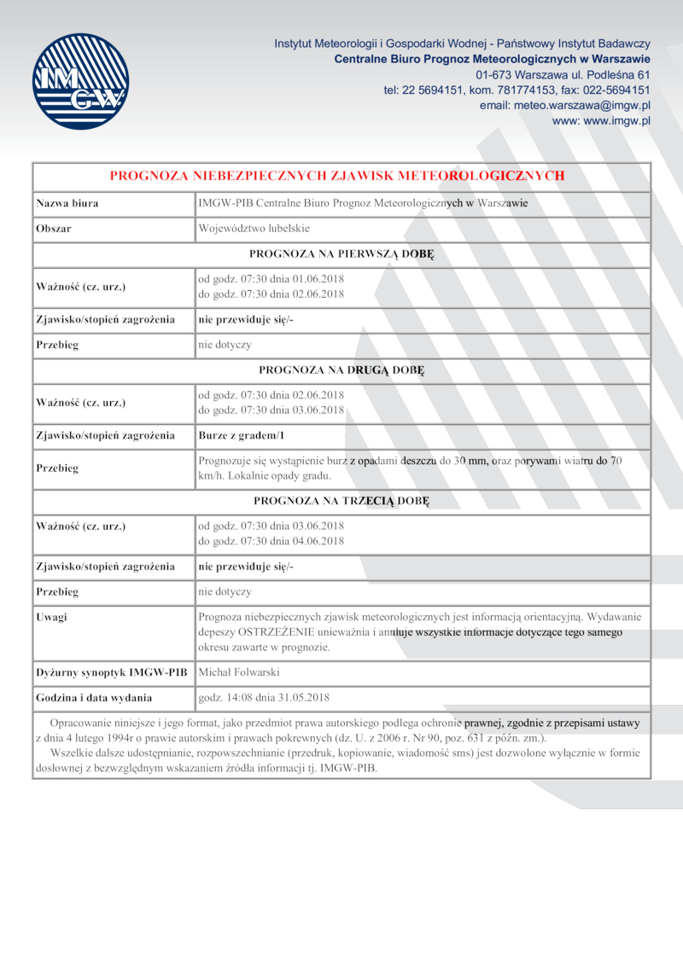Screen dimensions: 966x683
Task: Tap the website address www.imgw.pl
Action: coord(602,121)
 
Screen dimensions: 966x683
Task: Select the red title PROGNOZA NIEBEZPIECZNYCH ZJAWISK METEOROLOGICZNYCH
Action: coord(337,176)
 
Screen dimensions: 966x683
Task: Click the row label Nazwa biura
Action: coord(67,203)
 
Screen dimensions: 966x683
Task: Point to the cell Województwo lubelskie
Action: coord(254,229)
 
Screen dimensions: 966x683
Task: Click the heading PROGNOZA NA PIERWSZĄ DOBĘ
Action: coord(341,254)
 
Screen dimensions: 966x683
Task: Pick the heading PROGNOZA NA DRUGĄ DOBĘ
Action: coord(341,371)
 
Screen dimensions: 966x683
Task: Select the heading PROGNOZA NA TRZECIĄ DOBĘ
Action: coord(341,501)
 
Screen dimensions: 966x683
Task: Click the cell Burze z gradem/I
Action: coord(241,436)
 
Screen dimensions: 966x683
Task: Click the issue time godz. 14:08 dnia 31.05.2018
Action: coord(263,698)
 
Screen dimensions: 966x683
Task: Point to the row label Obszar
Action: coord(53,229)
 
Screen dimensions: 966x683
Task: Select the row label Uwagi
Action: coord(51,616)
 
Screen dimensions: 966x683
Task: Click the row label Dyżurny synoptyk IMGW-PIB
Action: coord(111,672)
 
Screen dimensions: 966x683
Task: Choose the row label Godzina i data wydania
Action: coord(94,698)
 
